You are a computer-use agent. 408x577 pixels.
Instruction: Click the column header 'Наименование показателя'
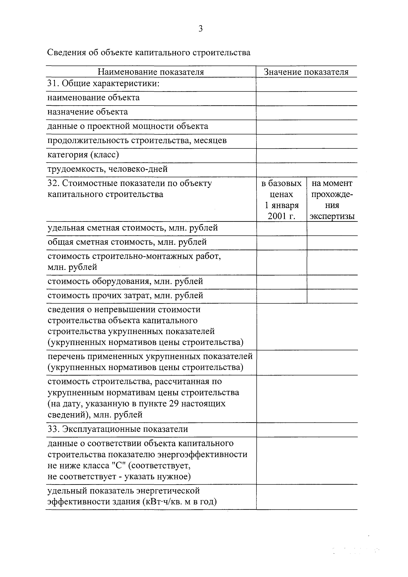[151, 72]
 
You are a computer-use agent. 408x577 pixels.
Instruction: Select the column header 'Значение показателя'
[306, 72]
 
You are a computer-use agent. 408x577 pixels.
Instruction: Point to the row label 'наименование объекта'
[93, 97]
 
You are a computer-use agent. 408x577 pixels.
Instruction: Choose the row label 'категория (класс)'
[83, 155]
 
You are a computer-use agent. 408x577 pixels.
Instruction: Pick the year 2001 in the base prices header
[277, 216]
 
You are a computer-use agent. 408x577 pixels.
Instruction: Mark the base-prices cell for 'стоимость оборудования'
[282, 282]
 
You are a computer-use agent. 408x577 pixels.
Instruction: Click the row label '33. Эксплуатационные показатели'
[118, 429]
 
